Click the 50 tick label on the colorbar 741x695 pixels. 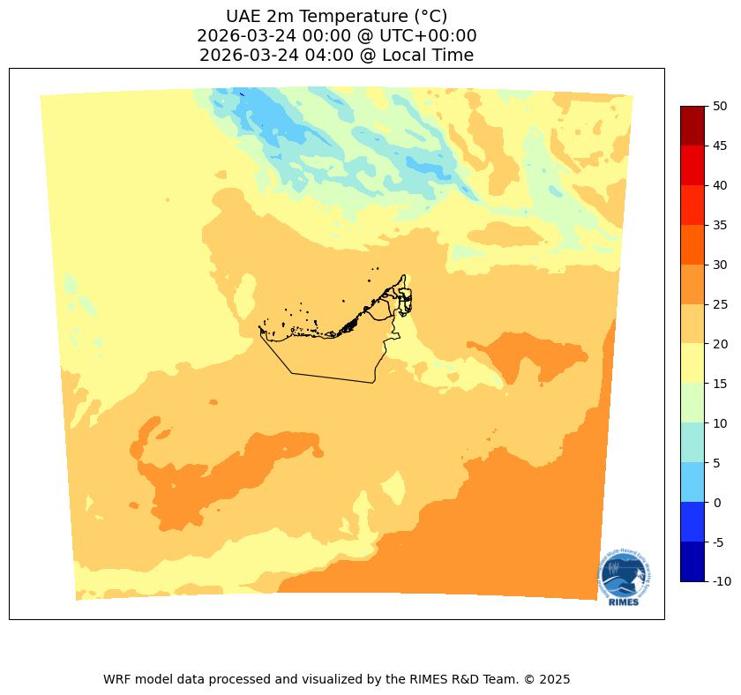(720, 106)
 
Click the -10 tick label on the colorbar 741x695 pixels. (722, 581)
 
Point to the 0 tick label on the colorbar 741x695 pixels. (717, 502)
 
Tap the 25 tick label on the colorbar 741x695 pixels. (720, 304)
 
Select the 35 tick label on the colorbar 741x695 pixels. (720, 225)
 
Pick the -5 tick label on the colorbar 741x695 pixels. (719, 542)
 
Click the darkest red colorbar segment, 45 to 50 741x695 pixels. (692, 125)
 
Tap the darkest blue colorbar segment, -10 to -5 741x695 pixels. (692, 561)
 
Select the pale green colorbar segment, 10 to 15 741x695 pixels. (692, 403)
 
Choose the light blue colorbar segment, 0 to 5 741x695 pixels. (692, 482)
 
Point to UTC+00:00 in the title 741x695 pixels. (432, 36)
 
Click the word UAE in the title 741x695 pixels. (243, 16)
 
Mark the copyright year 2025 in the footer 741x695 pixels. (556, 679)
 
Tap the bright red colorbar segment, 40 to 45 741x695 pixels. (692, 165)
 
